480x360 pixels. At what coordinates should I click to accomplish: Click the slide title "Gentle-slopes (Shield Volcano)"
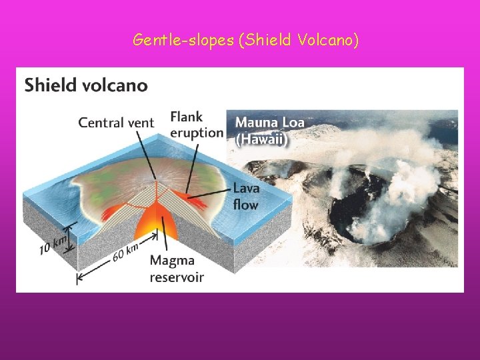click(246, 41)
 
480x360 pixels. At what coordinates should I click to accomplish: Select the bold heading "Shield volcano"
click(86, 85)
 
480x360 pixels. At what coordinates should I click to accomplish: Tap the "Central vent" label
click(116, 123)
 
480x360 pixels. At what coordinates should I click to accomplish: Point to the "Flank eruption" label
click(196, 125)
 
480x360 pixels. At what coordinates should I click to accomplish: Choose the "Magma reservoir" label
click(177, 269)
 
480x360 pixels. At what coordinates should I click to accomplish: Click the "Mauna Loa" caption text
click(269, 123)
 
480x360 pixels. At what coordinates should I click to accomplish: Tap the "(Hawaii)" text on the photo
click(261, 140)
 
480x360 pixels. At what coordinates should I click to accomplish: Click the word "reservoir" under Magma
click(177, 277)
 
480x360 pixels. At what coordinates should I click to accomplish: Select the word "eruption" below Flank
click(196, 132)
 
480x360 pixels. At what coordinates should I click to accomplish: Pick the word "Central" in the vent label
click(100, 123)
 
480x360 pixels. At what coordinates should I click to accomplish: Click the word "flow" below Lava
click(245, 205)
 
